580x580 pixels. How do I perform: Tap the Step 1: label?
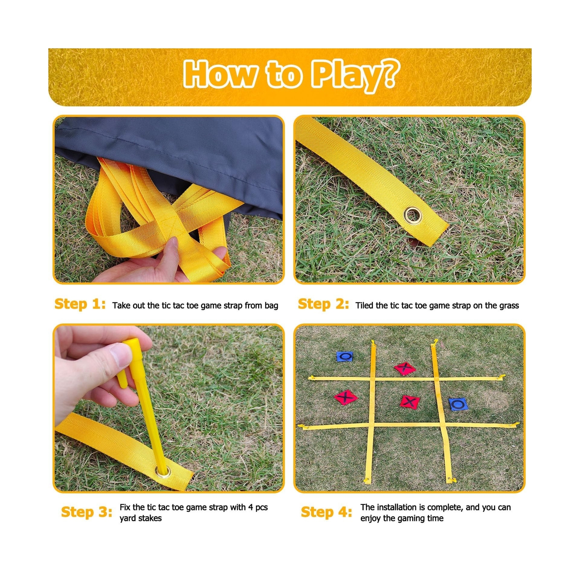[80, 304]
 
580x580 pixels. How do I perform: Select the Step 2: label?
[323, 304]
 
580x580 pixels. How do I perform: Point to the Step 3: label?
[87, 512]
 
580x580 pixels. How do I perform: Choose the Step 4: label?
[326, 512]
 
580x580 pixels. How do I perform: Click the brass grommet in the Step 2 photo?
[413, 215]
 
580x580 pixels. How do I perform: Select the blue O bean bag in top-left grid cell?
[345, 356]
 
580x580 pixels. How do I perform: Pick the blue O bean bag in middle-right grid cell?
[458, 404]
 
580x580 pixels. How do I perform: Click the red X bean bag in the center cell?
[410, 402]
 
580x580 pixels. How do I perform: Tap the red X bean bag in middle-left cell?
[346, 397]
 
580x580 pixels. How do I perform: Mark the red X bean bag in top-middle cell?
[405, 368]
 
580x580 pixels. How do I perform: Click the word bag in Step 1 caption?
[271, 306]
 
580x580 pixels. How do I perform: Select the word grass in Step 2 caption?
[508, 306]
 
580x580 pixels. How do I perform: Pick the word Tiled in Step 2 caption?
[364, 306]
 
